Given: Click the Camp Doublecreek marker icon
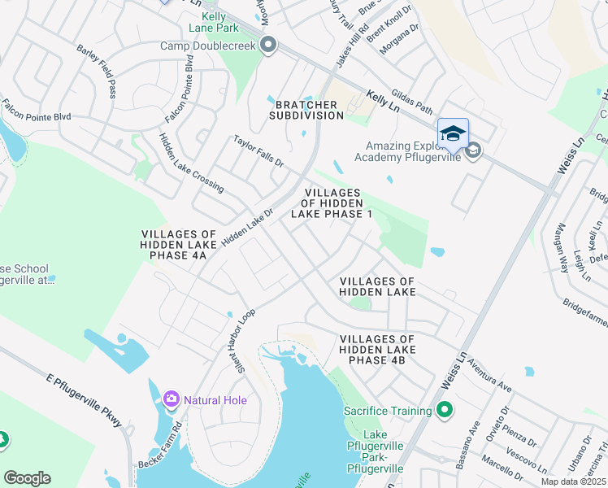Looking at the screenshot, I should pyautogui.click(x=269, y=46).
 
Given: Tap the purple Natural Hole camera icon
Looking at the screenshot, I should pyautogui.click(x=172, y=399).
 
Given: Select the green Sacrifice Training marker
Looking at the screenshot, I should pyautogui.click(x=444, y=411).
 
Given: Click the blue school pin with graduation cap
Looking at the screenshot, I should pyautogui.click(x=453, y=134).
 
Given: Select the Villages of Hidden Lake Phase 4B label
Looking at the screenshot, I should pyautogui.click(x=378, y=349).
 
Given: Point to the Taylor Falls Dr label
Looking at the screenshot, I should pyautogui.click(x=258, y=151).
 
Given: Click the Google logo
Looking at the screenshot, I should pyautogui.click(x=27, y=478).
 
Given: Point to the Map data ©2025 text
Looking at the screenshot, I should pyautogui.click(x=573, y=481).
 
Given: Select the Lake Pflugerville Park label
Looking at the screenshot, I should pyautogui.click(x=375, y=451).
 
